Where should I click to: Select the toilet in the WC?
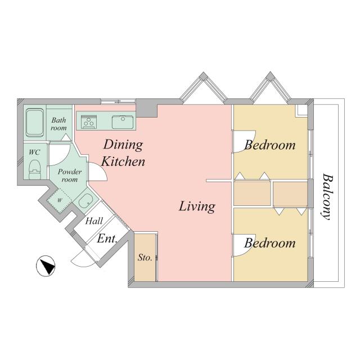(35, 167)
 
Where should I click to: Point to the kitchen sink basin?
(121, 120)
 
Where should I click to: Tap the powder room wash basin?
(85, 201)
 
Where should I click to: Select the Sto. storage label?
(145, 258)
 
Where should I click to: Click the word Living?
(197, 206)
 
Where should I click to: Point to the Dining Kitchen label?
(123, 153)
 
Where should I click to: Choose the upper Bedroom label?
(269, 145)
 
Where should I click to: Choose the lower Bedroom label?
(269, 244)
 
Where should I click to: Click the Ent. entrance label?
(106, 238)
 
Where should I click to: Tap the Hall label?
(94, 222)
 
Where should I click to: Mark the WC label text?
(34, 152)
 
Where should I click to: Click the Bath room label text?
(59, 124)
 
